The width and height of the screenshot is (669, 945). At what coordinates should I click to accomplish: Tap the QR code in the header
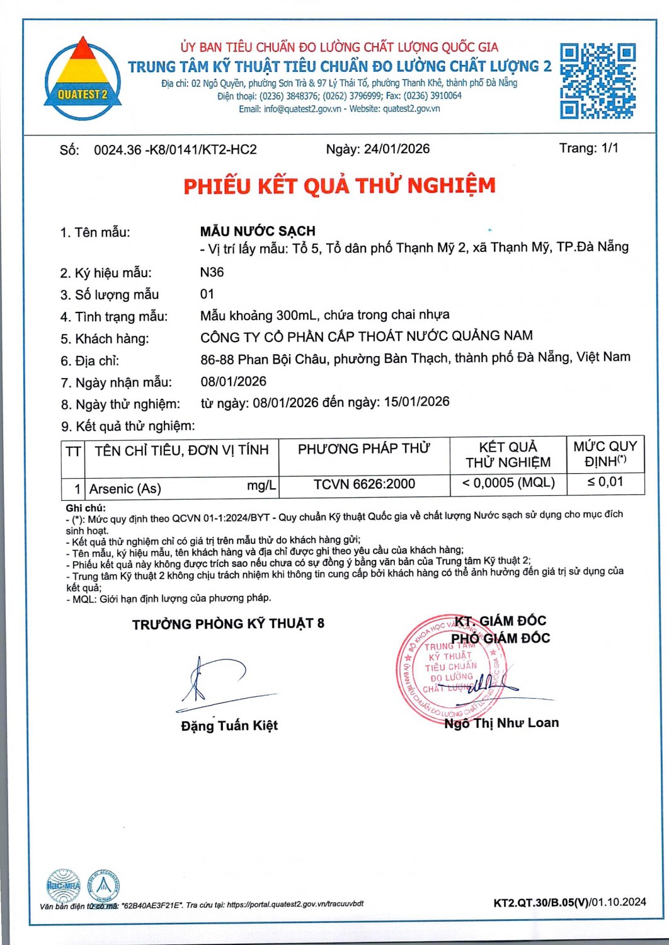pos(597,81)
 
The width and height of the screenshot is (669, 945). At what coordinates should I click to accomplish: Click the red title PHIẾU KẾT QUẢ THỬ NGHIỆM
pos(340,186)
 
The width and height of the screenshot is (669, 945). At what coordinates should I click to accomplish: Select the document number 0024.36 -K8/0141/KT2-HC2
pos(175,150)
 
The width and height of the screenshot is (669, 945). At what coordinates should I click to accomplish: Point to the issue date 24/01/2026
pos(397,149)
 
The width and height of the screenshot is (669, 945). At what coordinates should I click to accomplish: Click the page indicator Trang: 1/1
pos(588,148)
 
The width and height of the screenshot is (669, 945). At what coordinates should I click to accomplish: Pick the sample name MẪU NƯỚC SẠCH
pos(258,231)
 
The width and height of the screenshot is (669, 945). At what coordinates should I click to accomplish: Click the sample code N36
pos(212,272)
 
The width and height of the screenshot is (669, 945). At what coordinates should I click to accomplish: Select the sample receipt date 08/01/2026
pos(233,381)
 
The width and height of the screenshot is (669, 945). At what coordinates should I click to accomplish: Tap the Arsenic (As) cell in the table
pos(125,488)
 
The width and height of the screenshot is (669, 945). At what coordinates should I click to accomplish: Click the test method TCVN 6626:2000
pos(364,484)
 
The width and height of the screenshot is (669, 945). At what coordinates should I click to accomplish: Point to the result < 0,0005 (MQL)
pos(508,483)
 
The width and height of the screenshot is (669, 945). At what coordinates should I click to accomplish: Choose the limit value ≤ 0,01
pos(605,482)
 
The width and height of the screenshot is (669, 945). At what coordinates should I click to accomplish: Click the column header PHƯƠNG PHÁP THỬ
pos(363,449)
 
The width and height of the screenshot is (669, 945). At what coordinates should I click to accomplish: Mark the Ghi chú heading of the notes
pos(85,508)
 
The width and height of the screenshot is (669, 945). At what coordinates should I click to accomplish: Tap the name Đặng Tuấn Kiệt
pos(229,726)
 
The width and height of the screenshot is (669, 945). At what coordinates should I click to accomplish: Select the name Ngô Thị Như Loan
pos(501,723)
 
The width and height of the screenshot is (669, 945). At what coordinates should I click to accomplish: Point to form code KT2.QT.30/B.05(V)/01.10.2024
pos(569,902)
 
